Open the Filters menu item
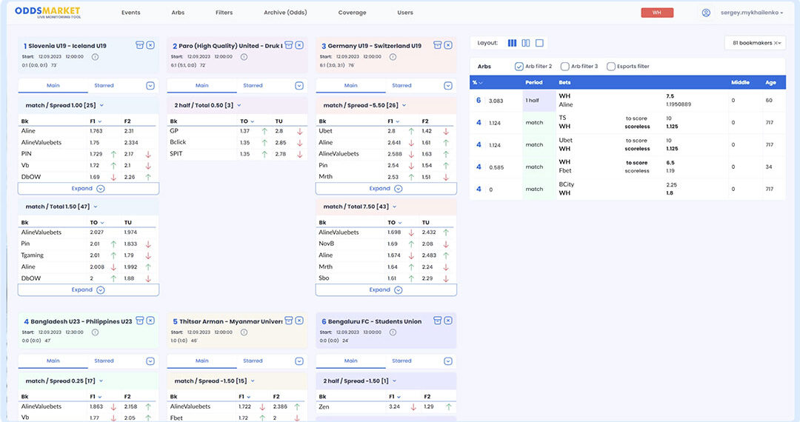click(224, 13)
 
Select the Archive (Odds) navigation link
click(285, 13)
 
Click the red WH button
click(657, 13)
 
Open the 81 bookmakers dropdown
click(754, 43)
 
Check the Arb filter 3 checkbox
click(565, 67)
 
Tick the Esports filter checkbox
click(611, 67)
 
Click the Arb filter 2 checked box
click(519, 67)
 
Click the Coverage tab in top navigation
click(352, 13)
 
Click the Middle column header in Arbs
click(741, 82)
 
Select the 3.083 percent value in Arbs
click(496, 100)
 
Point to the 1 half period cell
click(533, 100)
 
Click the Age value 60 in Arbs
click(769, 100)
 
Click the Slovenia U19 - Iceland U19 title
click(62, 46)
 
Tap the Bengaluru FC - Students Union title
click(371, 322)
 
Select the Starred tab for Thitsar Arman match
click(253, 361)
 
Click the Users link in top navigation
click(405, 13)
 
